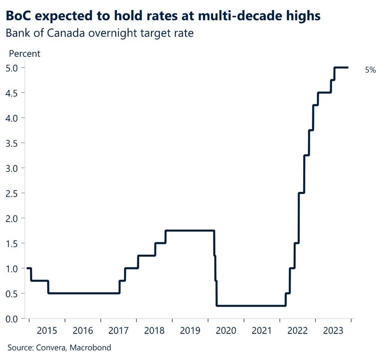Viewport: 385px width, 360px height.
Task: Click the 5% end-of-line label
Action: click(x=370, y=70)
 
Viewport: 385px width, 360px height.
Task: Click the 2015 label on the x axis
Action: click(x=47, y=331)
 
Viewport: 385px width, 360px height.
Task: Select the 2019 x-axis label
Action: click(x=190, y=331)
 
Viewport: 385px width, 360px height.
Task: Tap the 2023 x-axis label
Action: click(x=333, y=331)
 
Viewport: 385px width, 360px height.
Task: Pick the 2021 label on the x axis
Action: click(x=262, y=331)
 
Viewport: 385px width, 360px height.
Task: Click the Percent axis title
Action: click(x=24, y=53)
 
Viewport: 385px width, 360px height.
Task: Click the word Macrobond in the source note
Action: click(x=92, y=348)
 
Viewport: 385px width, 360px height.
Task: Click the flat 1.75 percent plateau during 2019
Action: click(x=190, y=231)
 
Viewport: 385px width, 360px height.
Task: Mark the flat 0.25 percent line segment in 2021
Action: click(x=262, y=306)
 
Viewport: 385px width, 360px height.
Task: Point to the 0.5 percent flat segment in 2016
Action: click(x=83, y=293)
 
